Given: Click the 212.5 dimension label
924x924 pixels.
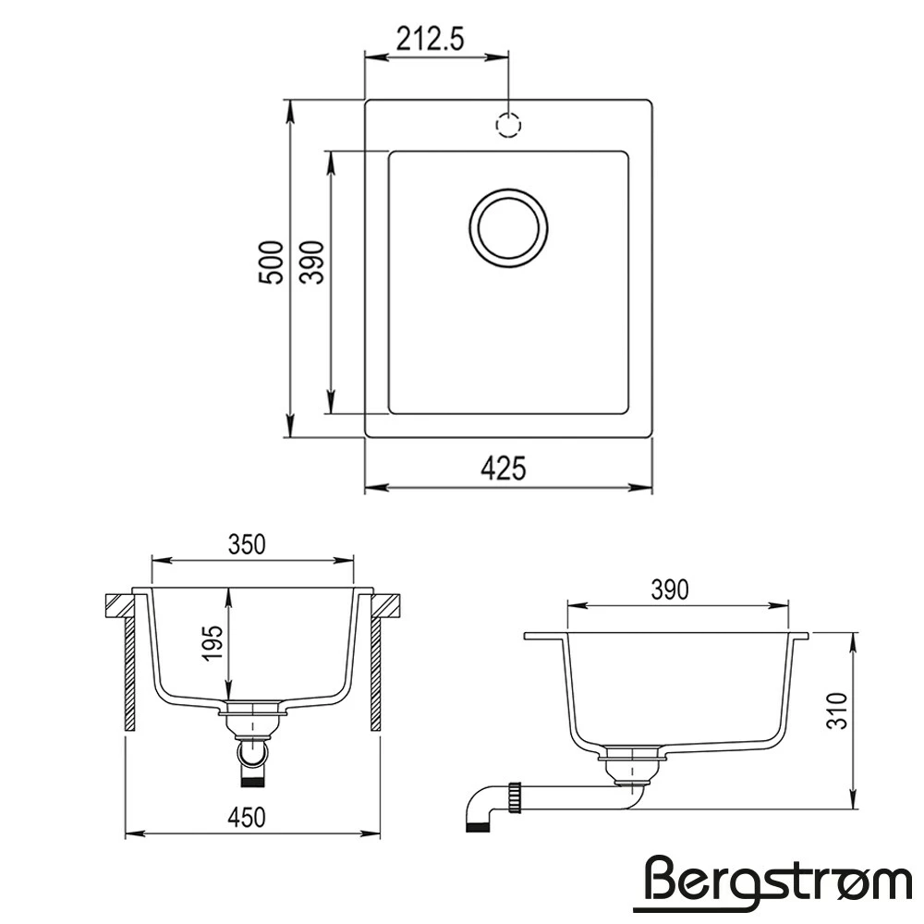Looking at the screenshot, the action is click(431, 40).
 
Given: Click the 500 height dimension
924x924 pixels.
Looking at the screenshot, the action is click(272, 262).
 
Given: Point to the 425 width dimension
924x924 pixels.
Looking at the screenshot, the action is click(503, 469).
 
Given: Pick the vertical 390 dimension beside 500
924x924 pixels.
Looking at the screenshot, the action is click(312, 262).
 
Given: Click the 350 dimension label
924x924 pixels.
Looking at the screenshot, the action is click(247, 544).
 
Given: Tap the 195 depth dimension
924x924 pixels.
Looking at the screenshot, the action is click(213, 643).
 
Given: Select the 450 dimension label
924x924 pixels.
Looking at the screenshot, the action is click(247, 818).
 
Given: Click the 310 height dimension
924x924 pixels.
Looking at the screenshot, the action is click(837, 711).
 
